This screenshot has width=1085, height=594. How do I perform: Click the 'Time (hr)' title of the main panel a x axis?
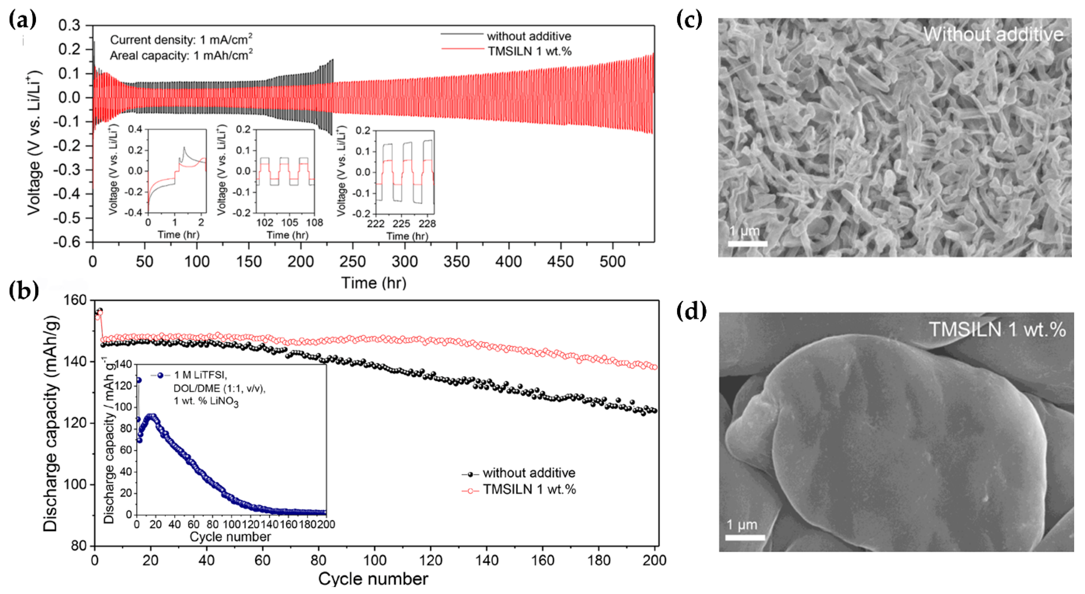pyautogui.click(x=373, y=282)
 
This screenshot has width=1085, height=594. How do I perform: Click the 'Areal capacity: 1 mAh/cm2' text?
pyautogui.click(x=181, y=55)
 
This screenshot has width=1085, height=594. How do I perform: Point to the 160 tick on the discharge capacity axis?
pyautogui.click(x=75, y=301)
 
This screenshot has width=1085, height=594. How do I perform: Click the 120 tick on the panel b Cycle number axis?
pyautogui.click(x=430, y=560)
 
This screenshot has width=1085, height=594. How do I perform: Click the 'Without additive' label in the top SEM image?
pyautogui.click(x=993, y=34)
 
